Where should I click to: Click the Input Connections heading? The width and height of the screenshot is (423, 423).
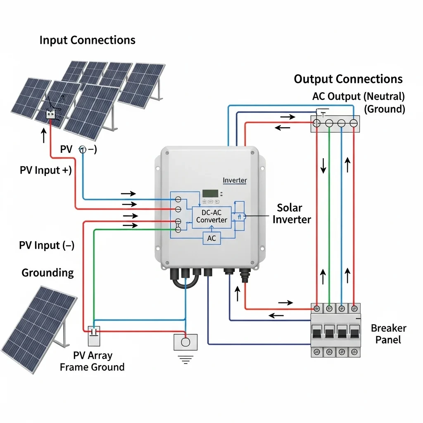[87, 40]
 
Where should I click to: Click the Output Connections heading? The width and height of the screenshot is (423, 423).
[348, 79]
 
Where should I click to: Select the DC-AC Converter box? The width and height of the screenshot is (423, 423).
[211, 216]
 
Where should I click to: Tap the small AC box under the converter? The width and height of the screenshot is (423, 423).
[211, 238]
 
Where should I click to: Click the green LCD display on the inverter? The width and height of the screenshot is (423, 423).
[210, 193]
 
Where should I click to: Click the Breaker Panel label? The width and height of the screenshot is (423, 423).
[388, 334]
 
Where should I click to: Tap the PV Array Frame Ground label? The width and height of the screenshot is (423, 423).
[92, 361]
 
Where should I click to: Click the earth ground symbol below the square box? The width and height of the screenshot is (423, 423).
[186, 361]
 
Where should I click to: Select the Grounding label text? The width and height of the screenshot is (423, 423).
[48, 273]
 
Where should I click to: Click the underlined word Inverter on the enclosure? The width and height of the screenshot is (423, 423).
[235, 181]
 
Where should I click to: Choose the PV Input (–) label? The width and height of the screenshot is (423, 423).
[47, 245]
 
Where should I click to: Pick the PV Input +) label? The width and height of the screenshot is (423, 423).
[45, 170]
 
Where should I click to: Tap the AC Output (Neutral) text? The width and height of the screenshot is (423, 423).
[358, 97]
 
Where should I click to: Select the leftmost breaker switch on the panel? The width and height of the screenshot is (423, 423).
[317, 332]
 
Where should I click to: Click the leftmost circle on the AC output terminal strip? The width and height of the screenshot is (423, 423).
[317, 123]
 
